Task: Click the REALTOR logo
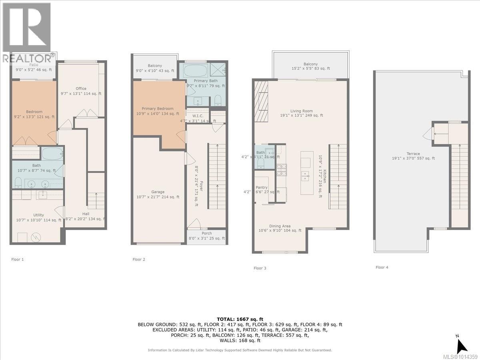27,32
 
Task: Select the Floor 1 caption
18,259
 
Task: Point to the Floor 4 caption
382,267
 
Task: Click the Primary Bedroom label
157,108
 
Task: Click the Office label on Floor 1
81,89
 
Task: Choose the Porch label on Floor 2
207,233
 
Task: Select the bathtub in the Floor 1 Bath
52,153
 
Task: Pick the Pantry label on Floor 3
262,187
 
